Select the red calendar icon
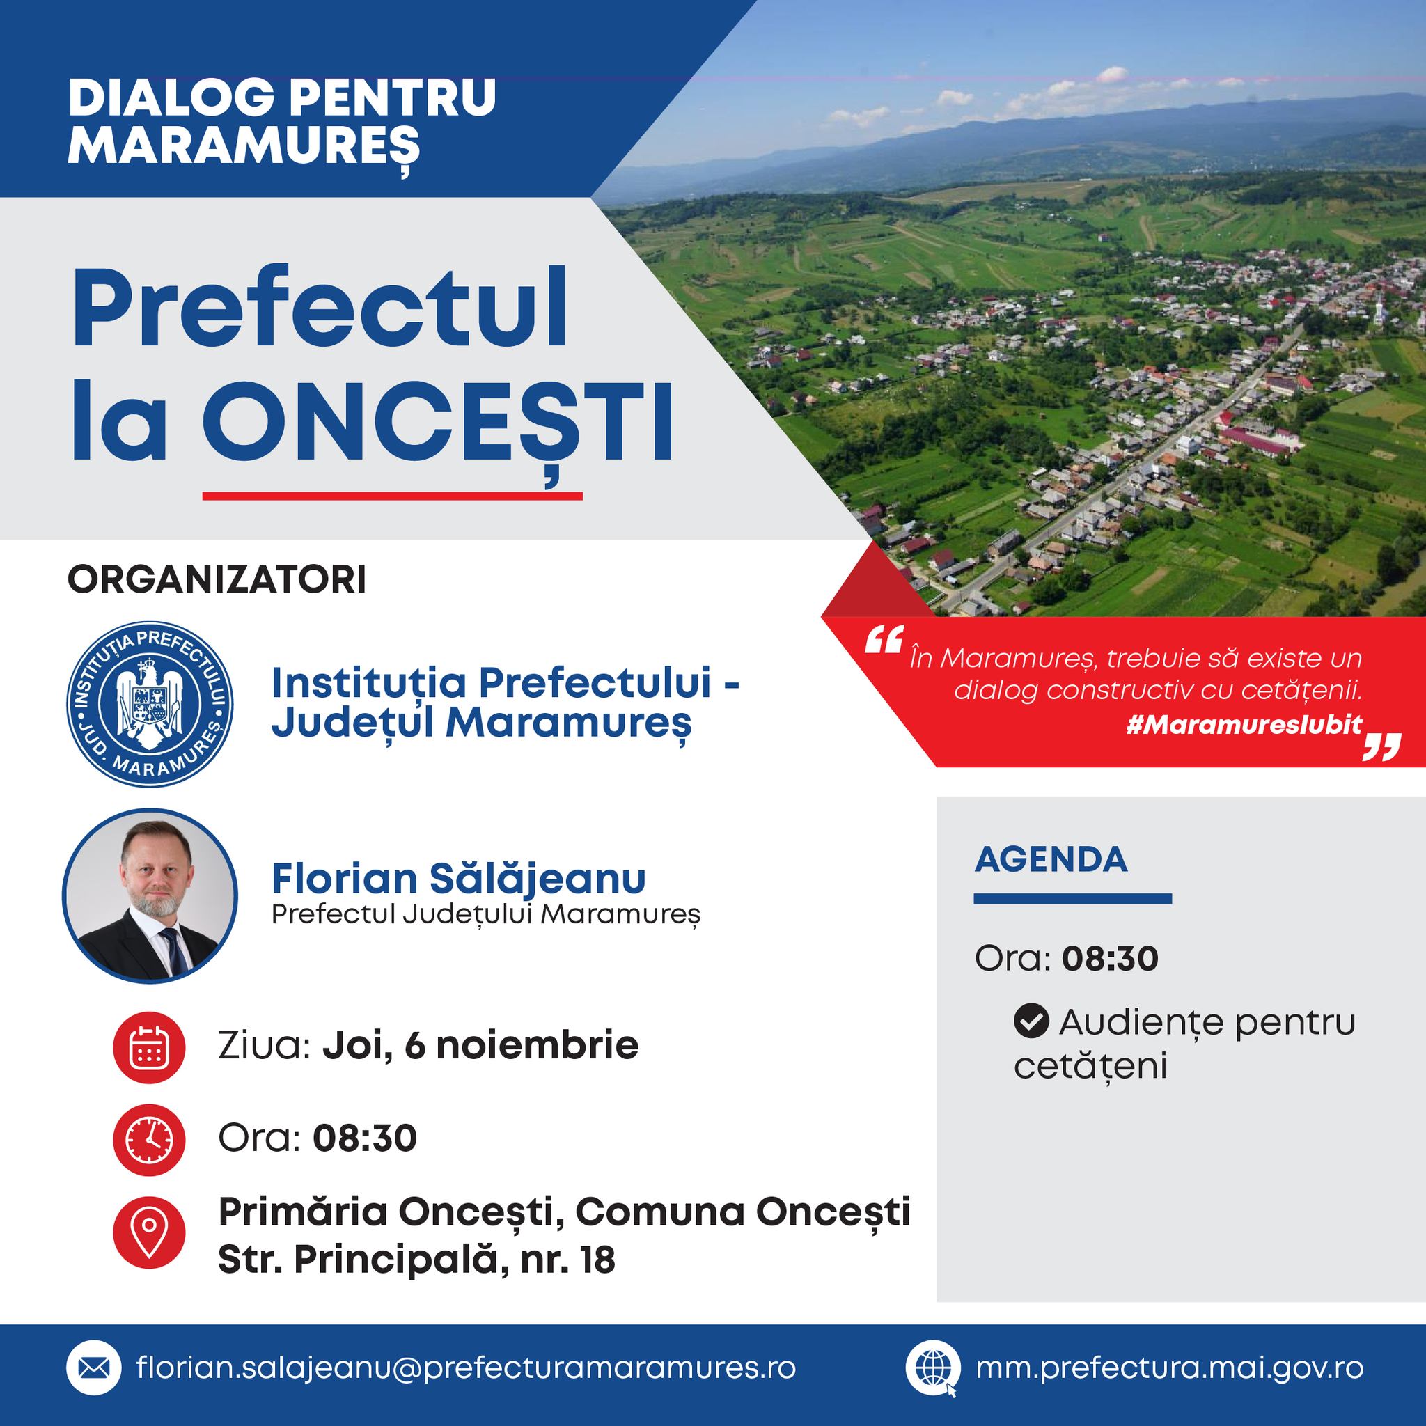pyautogui.click(x=149, y=1047)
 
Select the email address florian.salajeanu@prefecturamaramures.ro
pyautogui.click(x=467, y=1368)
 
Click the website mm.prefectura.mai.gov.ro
pyautogui.click(x=1169, y=1368)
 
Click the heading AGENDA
pyautogui.click(x=1051, y=860)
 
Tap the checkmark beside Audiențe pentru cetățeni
pyautogui.click(x=1031, y=1022)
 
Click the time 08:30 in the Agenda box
pyautogui.click(x=1110, y=959)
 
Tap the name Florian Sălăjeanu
pyautogui.click(x=458, y=877)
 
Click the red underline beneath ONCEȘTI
pyautogui.click(x=393, y=495)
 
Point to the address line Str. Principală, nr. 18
pyautogui.click(x=416, y=1261)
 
